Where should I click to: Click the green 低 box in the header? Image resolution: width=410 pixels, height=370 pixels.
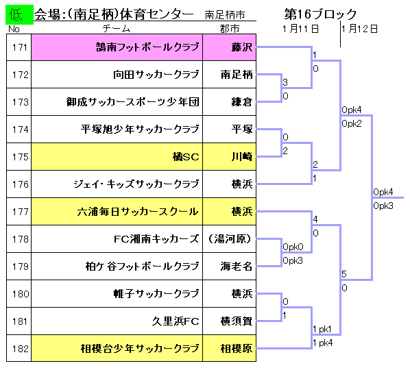point(19,14)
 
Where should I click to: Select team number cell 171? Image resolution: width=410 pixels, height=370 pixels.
point(19,47)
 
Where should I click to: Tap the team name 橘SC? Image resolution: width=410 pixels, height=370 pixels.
point(186,156)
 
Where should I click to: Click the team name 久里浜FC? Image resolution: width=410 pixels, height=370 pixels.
point(176,321)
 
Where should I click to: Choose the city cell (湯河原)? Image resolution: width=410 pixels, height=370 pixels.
point(229,239)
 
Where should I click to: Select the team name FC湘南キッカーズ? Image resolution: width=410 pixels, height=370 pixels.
point(156,239)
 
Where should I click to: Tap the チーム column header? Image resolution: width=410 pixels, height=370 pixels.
point(117,29)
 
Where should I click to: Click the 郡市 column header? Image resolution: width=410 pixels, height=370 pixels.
point(229,29)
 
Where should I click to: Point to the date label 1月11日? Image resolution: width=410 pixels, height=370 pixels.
point(300,29)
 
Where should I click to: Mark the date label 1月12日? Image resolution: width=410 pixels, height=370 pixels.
point(359,29)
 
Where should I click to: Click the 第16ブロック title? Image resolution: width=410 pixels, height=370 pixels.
point(321,14)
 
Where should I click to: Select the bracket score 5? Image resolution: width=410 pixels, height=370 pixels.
point(344,274)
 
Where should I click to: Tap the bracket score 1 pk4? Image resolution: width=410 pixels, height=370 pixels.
point(323,343)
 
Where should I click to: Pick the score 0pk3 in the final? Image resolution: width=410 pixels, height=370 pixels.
point(383,206)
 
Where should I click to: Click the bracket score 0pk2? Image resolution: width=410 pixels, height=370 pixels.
point(352,123)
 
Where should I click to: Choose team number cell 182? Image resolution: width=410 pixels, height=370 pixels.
point(19,348)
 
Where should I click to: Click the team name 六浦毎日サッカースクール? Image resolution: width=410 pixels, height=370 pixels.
point(138,212)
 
